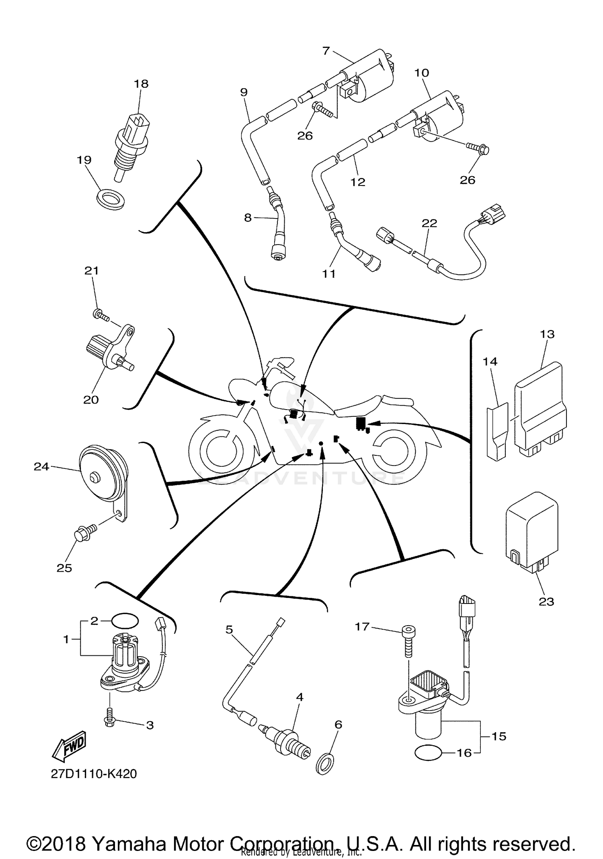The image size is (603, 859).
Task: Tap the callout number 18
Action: [x=141, y=84]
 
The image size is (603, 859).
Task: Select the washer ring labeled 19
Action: [x=111, y=198]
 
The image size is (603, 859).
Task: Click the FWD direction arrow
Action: [x=70, y=746]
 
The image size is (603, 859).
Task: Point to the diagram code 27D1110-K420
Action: [x=94, y=774]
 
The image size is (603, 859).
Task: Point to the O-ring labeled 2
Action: [x=125, y=620]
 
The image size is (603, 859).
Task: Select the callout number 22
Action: [x=429, y=222]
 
